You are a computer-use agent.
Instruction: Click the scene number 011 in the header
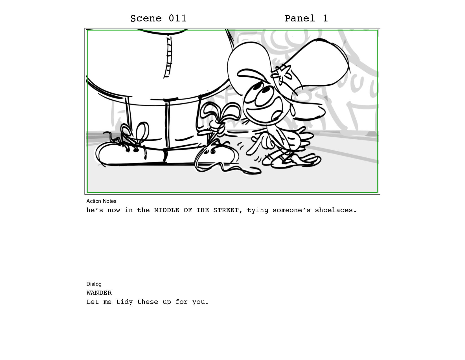pos(177,18)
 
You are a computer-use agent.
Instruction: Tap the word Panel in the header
pos(300,18)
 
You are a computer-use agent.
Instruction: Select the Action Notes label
pos(101,201)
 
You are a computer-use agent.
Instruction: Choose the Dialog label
pos(94,284)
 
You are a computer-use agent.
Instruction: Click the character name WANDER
pos(99,293)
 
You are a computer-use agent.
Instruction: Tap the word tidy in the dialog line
pos(124,302)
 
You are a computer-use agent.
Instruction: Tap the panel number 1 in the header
pos(325,18)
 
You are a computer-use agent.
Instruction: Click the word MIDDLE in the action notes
pos(166,210)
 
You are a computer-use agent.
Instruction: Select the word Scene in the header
pos(146,18)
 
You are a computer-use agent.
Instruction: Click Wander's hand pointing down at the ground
pos(256,146)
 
